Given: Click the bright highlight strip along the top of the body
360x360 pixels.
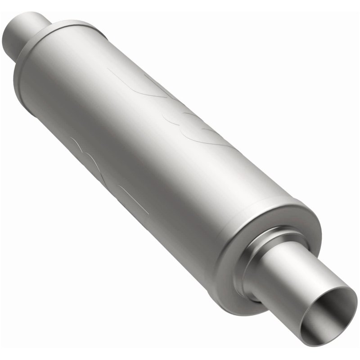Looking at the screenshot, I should point(135,67).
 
